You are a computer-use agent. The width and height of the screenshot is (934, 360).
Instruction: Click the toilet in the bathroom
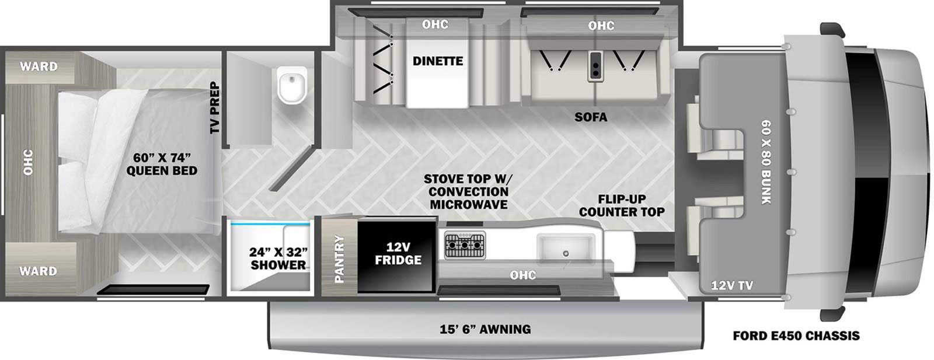tap(292, 85)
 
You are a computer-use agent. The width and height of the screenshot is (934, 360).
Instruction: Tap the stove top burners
tap(465, 246)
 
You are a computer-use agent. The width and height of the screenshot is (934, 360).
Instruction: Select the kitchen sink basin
tap(566, 249)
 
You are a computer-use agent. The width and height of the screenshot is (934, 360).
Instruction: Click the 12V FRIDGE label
tap(398, 253)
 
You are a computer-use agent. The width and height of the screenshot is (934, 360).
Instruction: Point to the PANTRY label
tap(339, 258)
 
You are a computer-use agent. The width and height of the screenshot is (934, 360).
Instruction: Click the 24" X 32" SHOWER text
tap(278, 258)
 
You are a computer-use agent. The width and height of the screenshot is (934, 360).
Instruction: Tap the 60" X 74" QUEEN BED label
tap(162, 164)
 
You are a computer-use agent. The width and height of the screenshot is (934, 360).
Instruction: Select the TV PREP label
tap(215, 107)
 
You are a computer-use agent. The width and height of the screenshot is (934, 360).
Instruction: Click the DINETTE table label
tap(438, 61)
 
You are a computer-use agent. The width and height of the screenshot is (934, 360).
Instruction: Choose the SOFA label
tap(591, 117)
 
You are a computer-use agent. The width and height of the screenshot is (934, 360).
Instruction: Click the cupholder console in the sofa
tap(595, 67)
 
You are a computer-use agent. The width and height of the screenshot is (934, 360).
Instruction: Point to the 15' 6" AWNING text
tap(485, 329)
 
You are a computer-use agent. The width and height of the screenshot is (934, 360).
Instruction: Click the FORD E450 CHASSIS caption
tap(796, 335)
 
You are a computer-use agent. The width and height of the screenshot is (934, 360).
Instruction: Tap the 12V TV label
tap(732, 285)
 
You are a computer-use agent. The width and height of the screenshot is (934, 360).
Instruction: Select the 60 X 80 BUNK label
tap(766, 162)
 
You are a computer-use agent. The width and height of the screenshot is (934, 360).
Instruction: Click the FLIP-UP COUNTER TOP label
tap(622, 205)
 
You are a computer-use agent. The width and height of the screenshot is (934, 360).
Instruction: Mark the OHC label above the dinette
tap(435, 24)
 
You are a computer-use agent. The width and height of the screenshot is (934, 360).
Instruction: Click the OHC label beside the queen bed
tap(28, 162)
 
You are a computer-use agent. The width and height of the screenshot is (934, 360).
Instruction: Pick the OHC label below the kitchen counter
tap(523, 275)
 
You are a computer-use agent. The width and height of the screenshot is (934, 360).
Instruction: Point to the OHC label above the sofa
tap(601, 26)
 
